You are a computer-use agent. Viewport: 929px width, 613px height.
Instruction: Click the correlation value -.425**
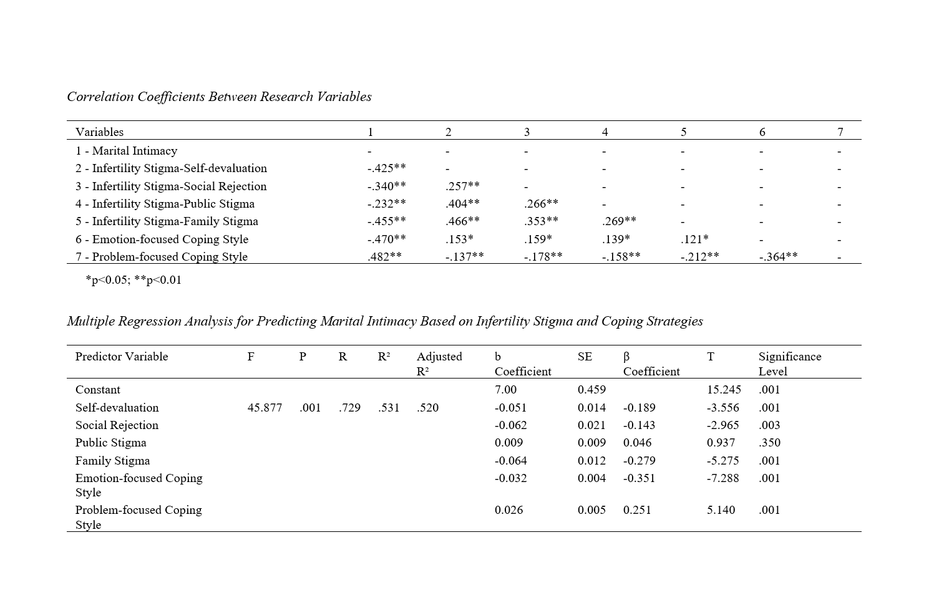386,168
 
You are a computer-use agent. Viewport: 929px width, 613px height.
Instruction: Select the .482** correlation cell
384,257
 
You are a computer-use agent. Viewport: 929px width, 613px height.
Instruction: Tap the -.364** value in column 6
778,257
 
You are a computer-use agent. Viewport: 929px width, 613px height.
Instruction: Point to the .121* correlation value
694,239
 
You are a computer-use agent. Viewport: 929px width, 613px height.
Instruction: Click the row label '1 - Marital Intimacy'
126,151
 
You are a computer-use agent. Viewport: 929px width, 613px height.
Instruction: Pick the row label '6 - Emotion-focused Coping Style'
162,239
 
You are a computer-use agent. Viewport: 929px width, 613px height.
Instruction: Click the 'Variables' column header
99,132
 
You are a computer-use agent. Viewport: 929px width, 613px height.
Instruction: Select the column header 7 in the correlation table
840,132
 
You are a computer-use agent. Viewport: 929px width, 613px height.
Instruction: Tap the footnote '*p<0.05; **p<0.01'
134,280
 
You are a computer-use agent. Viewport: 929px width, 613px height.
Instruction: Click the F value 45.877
265,408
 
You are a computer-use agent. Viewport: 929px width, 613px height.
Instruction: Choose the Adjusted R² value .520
427,408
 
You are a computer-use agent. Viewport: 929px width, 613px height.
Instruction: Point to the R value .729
349,408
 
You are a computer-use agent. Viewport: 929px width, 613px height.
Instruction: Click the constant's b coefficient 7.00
505,390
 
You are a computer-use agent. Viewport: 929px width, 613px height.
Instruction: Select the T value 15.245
724,390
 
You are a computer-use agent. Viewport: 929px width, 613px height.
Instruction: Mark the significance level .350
769,443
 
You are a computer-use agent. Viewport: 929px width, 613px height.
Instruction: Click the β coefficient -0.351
640,478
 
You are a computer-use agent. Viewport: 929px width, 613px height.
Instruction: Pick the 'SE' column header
585,357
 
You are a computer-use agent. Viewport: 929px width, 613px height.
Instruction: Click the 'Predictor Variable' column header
122,357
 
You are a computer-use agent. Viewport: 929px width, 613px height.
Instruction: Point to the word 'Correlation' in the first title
100,97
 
